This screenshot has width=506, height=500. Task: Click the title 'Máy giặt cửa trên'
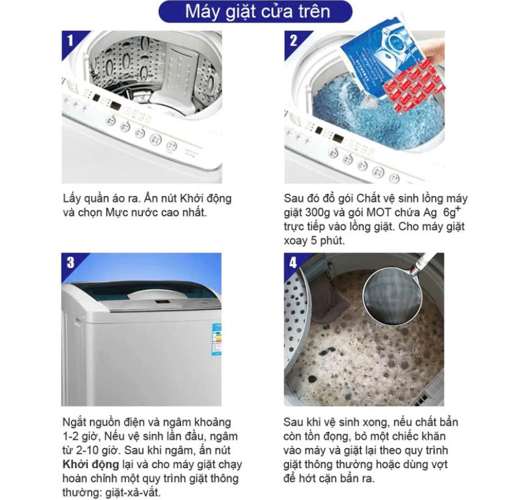pos(257,12)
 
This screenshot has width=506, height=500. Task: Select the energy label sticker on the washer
pos(216,339)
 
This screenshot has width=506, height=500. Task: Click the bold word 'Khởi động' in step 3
pos(90,464)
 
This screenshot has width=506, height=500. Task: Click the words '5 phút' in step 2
pos(328,241)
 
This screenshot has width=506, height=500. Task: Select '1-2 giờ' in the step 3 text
pos(80,436)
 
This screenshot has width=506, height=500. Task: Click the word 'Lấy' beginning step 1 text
pos(71,199)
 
